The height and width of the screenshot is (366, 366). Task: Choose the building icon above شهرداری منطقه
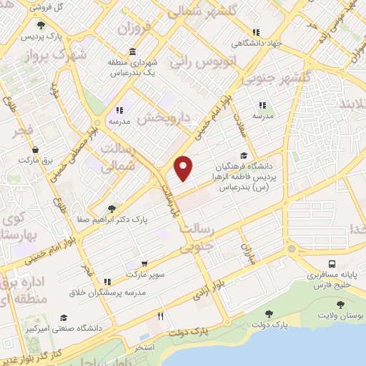click(133, 51)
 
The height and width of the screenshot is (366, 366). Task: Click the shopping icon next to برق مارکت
click(35, 150)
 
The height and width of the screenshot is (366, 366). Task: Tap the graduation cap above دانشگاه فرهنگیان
click(244, 155)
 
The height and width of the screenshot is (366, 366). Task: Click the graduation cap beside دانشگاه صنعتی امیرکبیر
click(63, 317)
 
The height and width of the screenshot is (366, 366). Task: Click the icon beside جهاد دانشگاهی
click(255, 32)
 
